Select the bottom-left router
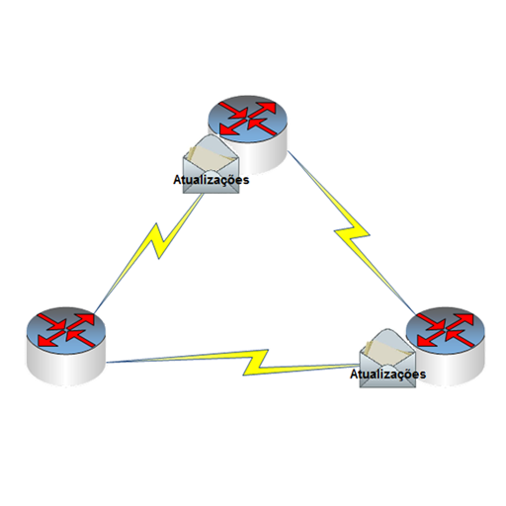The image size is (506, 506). click(66, 346)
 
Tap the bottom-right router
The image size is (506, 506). click(446, 346)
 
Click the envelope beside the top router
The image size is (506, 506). click(211, 164)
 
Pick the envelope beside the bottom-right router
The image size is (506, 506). click(387, 358)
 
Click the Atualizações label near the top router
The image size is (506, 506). click(211, 180)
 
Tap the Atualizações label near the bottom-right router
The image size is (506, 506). click(387, 375)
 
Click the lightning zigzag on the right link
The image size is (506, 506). click(352, 231)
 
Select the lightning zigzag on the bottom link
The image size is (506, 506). click(256, 363)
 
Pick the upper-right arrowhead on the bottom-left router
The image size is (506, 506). click(86, 319)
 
